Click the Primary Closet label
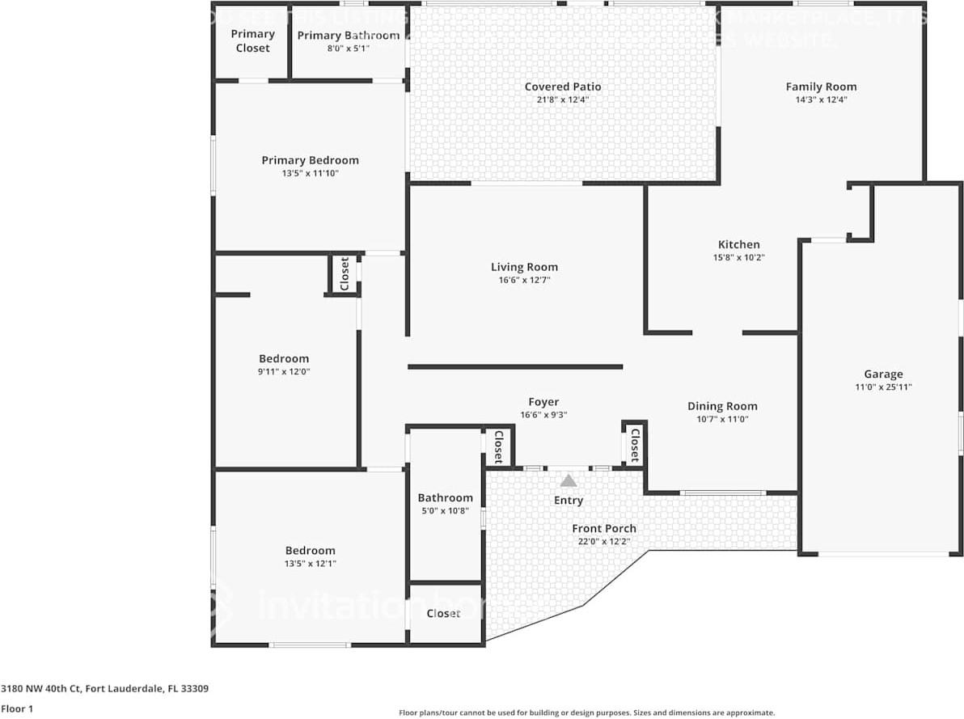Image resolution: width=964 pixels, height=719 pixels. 252,41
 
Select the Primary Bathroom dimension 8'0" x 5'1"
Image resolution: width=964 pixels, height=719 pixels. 348,49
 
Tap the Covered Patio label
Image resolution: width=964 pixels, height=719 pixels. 563,87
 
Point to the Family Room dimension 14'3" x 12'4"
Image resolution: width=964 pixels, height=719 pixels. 821,99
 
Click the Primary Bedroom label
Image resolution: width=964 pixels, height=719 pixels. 310,160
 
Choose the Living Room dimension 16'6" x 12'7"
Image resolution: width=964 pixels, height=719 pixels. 524,280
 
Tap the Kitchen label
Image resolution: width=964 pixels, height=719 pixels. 738,244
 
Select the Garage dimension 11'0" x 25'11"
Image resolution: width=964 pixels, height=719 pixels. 883,387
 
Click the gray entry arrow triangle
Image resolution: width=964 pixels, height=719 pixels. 569,480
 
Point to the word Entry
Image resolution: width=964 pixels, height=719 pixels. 568,501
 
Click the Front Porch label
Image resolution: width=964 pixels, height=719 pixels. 603,528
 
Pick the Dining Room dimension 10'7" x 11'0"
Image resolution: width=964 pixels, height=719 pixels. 722,419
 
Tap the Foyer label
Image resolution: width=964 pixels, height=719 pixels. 543,402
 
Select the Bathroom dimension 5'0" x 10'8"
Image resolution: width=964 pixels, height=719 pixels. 445,510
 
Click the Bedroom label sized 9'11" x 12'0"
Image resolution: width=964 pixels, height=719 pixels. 284,358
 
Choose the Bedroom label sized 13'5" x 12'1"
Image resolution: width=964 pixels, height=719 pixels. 310,551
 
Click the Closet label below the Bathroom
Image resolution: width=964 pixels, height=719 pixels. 443,613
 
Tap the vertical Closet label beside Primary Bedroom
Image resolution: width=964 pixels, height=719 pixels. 344,274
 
